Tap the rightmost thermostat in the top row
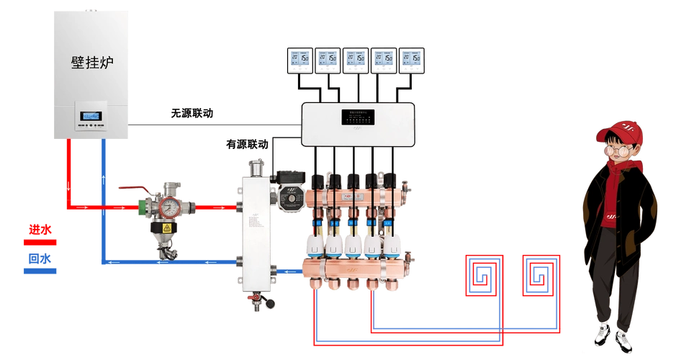pyautogui.click(x=409, y=61)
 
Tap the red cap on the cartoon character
pyautogui.click(x=620, y=133)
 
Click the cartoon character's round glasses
pyautogui.click(x=618, y=151)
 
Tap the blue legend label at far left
pyautogui.click(x=40, y=264)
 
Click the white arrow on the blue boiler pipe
pyautogui.click(x=103, y=176)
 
